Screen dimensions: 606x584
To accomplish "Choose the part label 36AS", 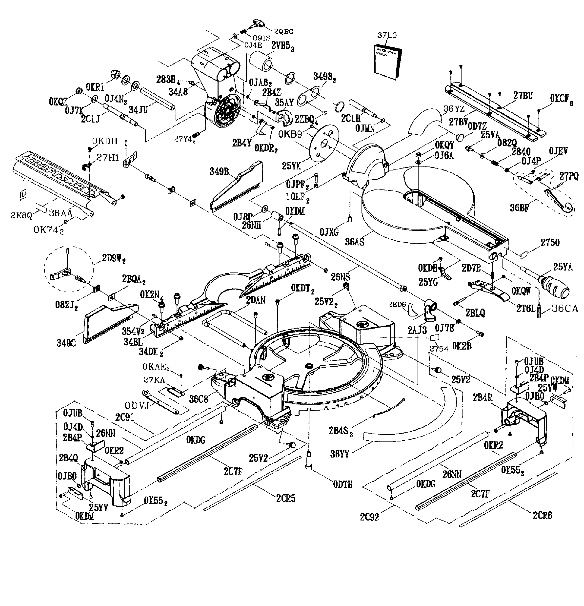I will (354, 242).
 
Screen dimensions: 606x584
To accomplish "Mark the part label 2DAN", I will (256, 300).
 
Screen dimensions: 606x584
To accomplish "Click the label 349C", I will (66, 343).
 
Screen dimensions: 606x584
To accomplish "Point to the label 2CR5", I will (286, 498).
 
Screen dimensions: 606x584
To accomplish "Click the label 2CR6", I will (542, 515).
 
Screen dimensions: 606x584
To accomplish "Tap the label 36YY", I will (340, 454).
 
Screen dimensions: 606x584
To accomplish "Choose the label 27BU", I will (523, 96).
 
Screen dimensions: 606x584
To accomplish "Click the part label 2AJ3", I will (417, 330).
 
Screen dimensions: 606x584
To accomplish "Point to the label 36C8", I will (199, 399).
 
